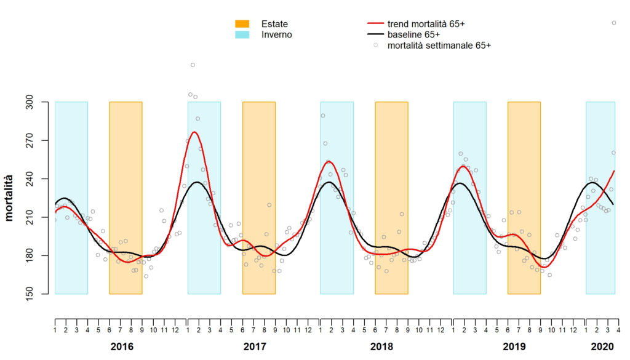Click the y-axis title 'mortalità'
(x=10, y=198)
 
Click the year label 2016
(x=121, y=347)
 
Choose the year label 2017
(x=254, y=347)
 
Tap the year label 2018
(x=387, y=347)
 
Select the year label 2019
(x=520, y=347)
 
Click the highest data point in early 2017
(x=193, y=65)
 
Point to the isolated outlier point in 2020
(x=613, y=23)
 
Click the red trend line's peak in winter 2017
(x=194, y=132)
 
